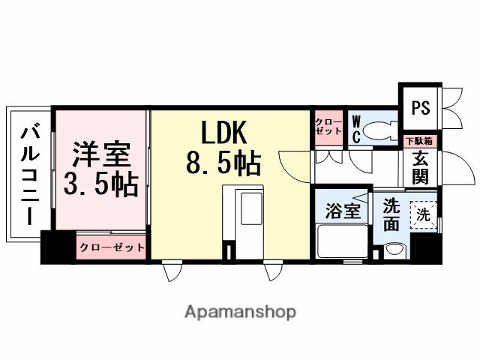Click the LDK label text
223,134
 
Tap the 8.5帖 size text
223,163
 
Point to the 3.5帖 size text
100,184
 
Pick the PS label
421,108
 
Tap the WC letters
356,127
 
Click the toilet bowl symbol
381,128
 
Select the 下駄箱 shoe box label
419,141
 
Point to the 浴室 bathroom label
343,211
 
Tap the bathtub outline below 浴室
343,241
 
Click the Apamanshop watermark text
240,311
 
